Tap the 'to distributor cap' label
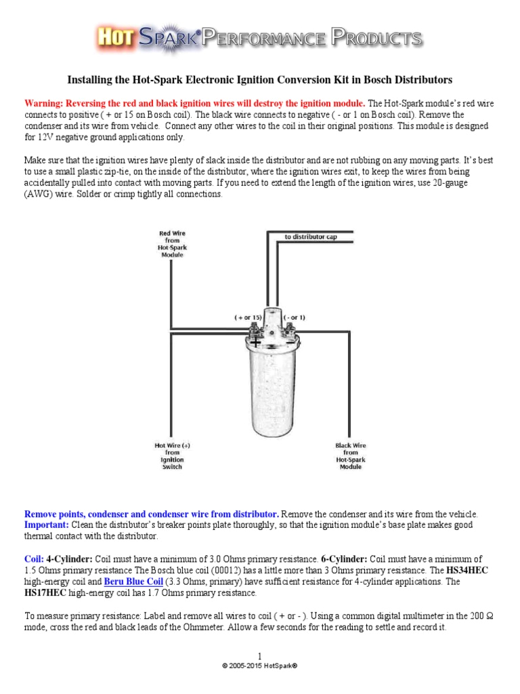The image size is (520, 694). point(309,237)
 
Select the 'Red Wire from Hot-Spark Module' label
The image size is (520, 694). point(173,245)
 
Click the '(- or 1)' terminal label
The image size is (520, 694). point(294,317)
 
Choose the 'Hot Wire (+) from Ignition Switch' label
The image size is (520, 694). point(173,455)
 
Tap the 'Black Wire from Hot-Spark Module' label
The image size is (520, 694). point(350,455)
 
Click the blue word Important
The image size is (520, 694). point(45,525)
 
